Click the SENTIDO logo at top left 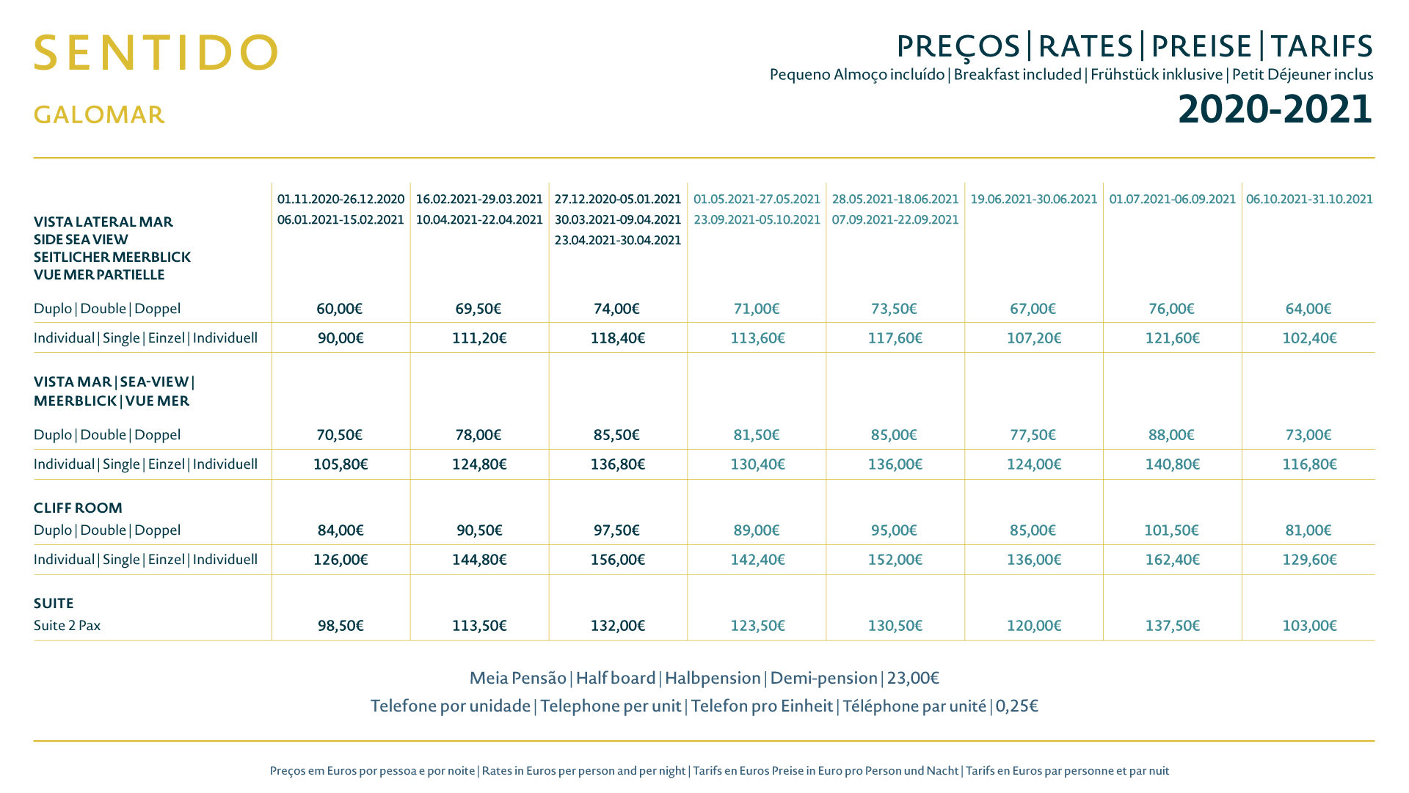pyautogui.click(x=156, y=52)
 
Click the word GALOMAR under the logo pyautogui.click(x=99, y=114)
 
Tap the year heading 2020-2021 pyautogui.click(x=1275, y=109)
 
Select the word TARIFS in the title pyautogui.click(x=1322, y=46)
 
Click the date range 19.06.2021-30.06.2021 pyautogui.click(x=1034, y=199)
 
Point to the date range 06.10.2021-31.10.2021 pyautogui.click(x=1309, y=199)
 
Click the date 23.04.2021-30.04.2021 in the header pyautogui.click(x=618, y=240)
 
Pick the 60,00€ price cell pyautogui.click(x=340, y=309)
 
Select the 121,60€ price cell pyautogui.click(x=1173, y=338)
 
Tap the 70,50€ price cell pyautogui.click(x=340, y=435)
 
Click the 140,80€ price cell pyautogui.click(x=1173, y=464)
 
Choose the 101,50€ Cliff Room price pyautogui.click(x=1171, y=530)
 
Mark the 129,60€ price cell pyautogui.click(x=1310, y=560)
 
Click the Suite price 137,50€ pyautogui.click(x=1173, y=626)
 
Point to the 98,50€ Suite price pyautogui.click(x=341, y=626)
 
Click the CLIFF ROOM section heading pyautogui.click(x=78, y=508)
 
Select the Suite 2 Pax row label pyautogui.click(x=67, y=626)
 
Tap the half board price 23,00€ pyautogui.click(x=913, y=678)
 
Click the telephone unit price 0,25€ pyautogui.click(x=1016, y=706)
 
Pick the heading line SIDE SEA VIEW pyautogui.click(x=81, y=239)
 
